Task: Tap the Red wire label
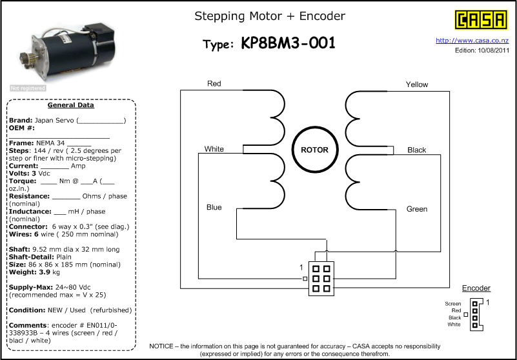click(214, 84)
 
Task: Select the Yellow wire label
click(417, 85)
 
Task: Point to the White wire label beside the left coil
click(214, 149)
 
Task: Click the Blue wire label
click(214, 207)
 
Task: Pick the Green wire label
click(417, 209)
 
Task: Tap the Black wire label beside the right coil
click(417, 150)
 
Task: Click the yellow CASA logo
click(481, 20)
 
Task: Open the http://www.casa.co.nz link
click(472, 41)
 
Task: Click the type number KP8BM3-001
click(288, 43)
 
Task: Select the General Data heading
click(71, 105)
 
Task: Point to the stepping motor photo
click(68, 52)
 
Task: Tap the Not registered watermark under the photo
click(28, 88)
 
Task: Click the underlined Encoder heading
click(476, 288)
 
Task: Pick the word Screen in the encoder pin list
click(453, 304)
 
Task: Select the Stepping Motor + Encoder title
click(270, 16)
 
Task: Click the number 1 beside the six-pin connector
click(301, 268)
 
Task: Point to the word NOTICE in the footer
click(161, 346)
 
